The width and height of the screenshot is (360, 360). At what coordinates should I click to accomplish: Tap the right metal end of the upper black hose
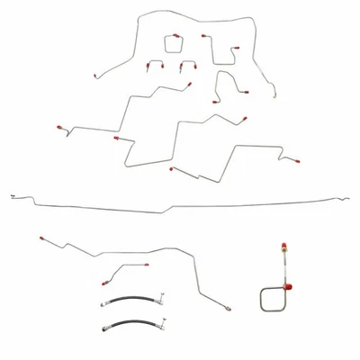[160, 294]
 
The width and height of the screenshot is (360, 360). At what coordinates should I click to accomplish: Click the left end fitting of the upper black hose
[104, 304]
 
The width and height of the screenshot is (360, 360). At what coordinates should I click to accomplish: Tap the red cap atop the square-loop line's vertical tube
[284, 244]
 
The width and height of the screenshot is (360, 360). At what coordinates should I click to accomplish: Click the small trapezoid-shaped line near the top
[173, 42]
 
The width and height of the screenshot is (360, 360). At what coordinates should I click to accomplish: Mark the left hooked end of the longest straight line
[12, 194]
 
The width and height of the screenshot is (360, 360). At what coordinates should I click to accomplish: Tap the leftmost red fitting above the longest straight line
[60, 130]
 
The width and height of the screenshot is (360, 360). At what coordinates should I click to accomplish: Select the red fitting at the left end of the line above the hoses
[40, 239]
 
